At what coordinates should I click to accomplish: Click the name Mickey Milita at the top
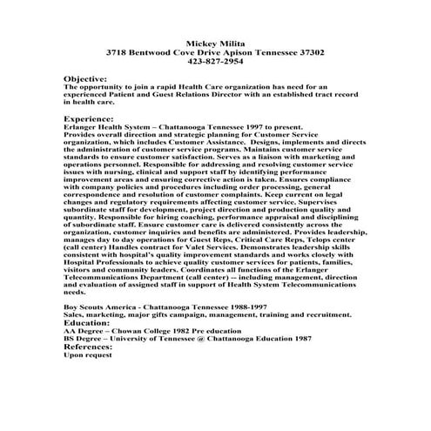(x=214, y=43)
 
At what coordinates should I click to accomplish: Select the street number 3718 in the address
(x=115, y=52)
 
